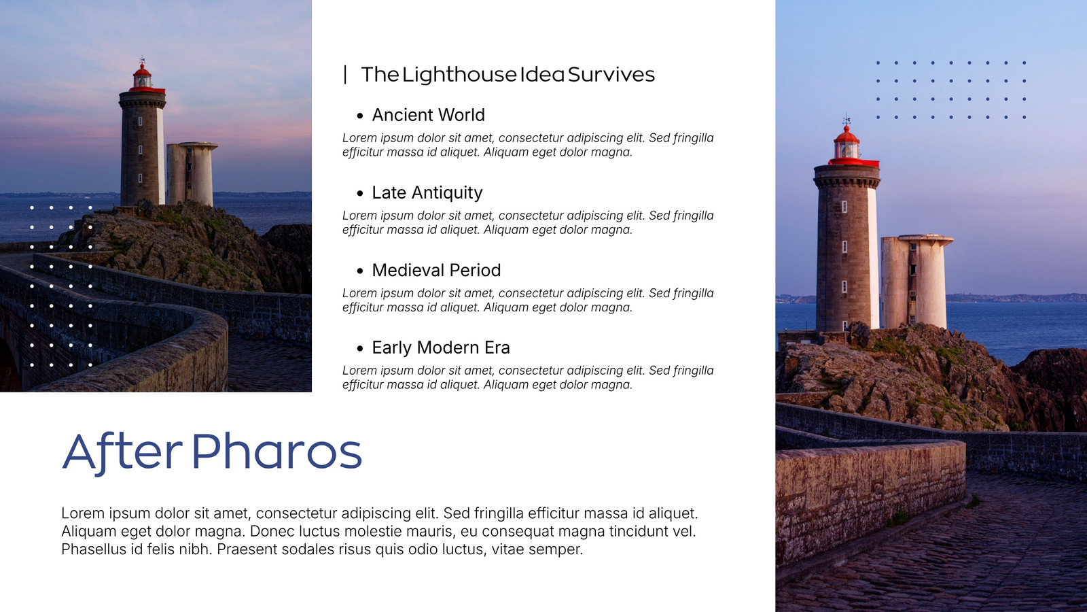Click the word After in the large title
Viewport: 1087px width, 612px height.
click(122, 452)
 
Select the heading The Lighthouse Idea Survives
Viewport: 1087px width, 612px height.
click(507, 75)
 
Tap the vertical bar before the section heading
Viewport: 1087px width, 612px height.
click(345, 75)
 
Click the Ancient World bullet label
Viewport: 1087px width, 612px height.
click(428, 115)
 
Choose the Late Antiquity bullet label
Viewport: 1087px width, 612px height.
click(427, 193)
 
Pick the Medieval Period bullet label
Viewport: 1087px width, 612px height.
click(436, 270)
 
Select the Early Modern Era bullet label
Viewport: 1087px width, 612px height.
click(441, 347)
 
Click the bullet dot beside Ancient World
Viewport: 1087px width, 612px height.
click(359, 116)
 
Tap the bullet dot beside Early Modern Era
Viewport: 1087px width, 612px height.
click(359, 348)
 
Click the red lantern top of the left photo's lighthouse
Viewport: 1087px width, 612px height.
click(142, 78)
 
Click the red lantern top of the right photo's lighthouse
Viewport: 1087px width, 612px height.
click(848, 146)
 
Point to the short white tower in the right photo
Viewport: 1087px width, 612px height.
click(915, 281)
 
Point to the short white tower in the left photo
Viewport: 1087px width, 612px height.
click(191, 173)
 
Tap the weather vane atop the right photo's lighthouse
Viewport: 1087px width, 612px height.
click(847, 120)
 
